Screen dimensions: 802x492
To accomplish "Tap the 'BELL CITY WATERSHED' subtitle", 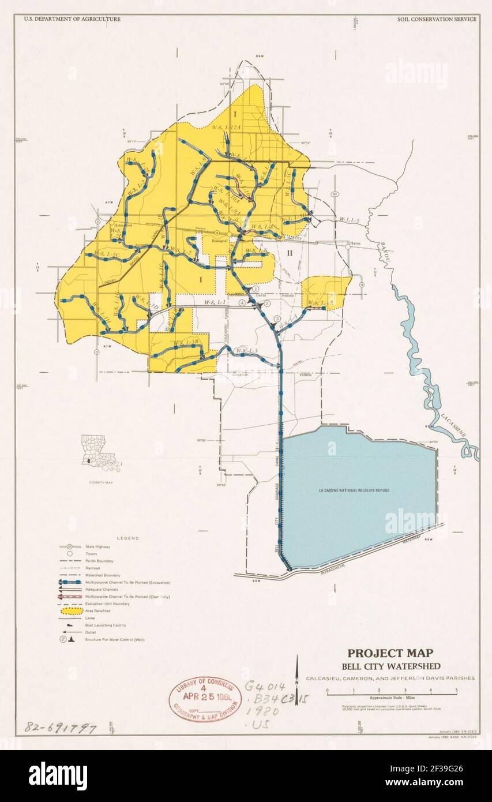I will (389, 666).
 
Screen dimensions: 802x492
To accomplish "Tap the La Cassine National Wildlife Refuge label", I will (354, 490).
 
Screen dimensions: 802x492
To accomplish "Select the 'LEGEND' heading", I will (128, 538).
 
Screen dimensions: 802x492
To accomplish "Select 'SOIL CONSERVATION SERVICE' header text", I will (437, 19).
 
